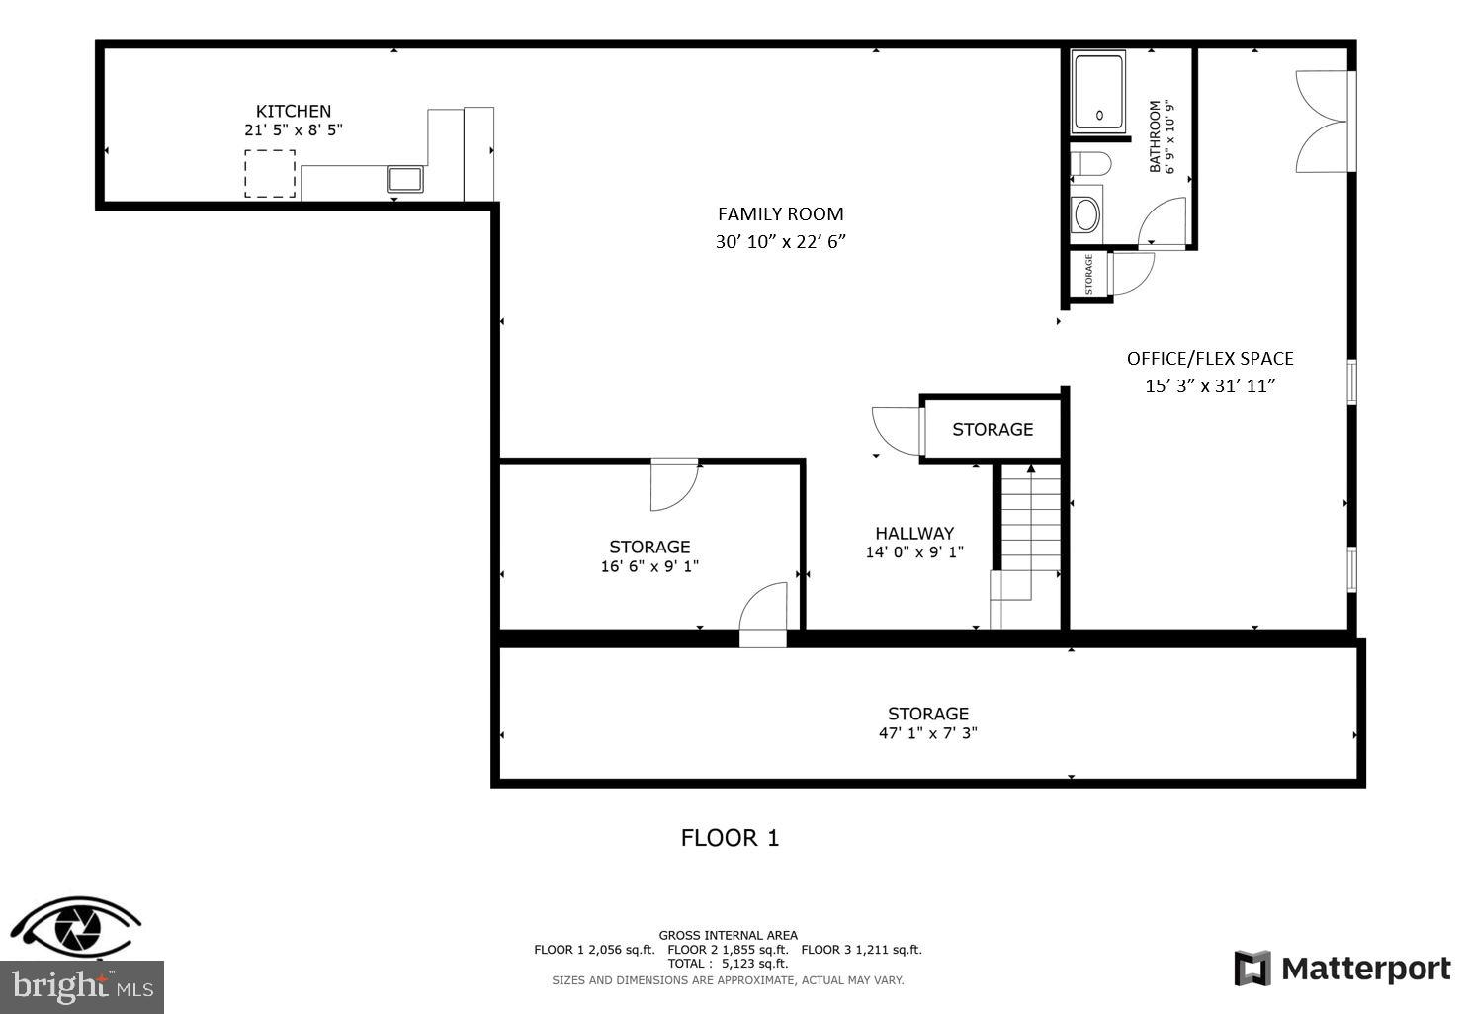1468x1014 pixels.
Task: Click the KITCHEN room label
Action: tap(294, 111)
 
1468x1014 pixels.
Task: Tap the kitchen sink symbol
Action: tap(404, 179)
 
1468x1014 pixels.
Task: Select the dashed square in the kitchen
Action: tap(270, 173)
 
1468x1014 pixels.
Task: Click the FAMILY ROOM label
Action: tap(780, 213)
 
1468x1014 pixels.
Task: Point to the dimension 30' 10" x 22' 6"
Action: tap(780, 241)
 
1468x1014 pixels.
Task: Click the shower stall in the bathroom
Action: tap(1098, 94)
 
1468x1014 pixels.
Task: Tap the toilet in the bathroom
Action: tap(1090, 163)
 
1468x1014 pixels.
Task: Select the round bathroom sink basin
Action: tap(1086, 214)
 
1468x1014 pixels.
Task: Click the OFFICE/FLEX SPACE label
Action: tap(1210, 358)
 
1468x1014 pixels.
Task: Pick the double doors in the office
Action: tap(1323, 122)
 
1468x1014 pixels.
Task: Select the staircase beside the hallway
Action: tap(1030, 534)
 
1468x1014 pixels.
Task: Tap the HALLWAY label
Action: tap(914, 533)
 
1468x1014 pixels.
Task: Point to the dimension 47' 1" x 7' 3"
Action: tap(927, 733)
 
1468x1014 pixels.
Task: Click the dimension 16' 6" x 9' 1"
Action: tap(649, 566)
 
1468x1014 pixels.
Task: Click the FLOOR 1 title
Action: tap(730, 838)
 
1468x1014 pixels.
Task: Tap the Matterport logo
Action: tap(1342, 969)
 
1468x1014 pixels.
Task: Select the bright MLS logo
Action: tap(82, 986)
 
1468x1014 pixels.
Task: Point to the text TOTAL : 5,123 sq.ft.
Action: tap(728, 963)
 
